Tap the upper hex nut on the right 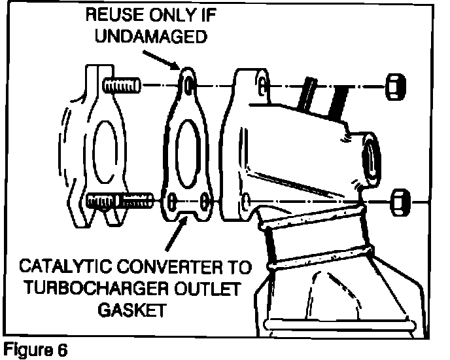click(395, 85)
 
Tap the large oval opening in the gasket click(189, 144)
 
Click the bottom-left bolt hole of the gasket click(172, 199)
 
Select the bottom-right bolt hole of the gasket click(205, 199)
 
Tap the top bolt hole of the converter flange click(262, 85)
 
